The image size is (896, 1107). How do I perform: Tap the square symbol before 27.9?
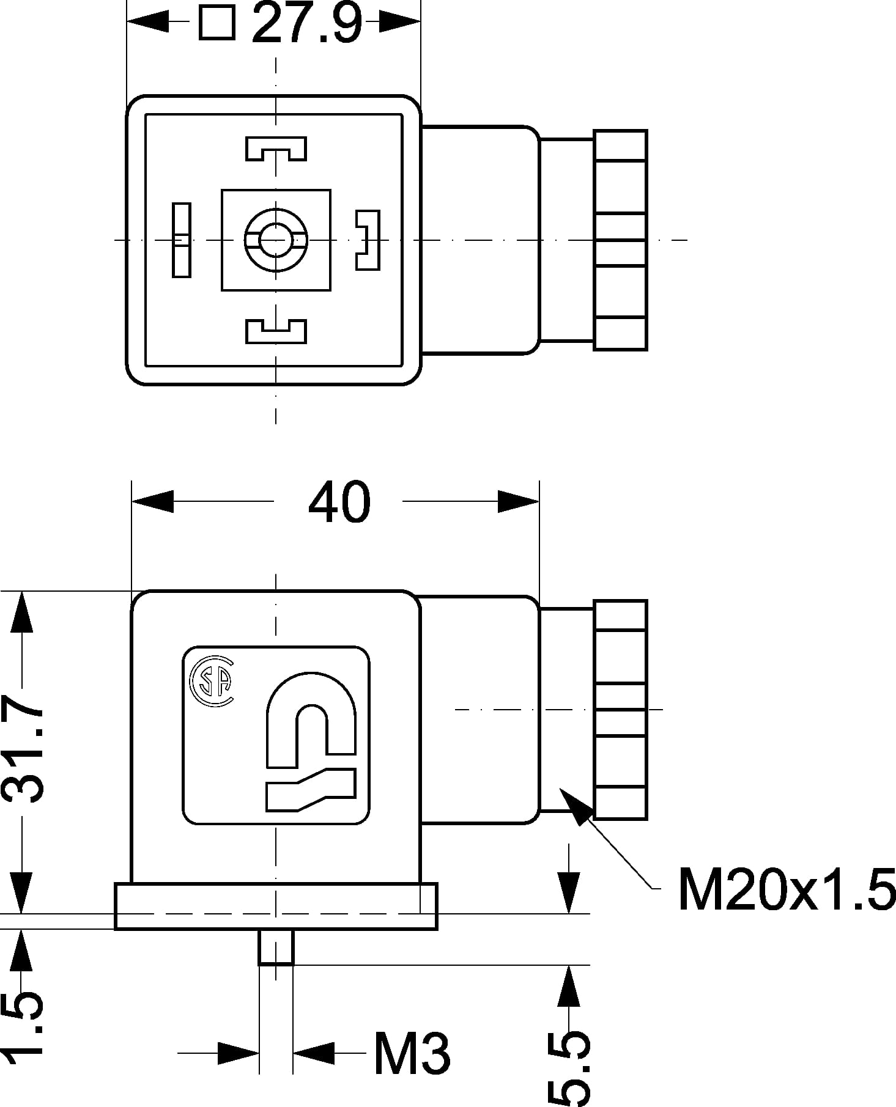coord(217,24)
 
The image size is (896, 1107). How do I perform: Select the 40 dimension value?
coord(339,502)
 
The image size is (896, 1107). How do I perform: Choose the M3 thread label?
coord(412,1054)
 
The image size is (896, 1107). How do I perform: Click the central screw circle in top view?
coord(276,239)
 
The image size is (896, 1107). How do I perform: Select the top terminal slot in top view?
coord(276,149)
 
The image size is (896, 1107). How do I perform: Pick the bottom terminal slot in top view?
coord(276,331)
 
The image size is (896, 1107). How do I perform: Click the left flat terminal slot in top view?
coord(181,240)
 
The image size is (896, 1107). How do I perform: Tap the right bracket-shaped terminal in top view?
coord(368,240)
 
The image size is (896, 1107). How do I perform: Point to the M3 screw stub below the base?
coord(276,947)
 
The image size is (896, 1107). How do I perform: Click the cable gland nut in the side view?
coord(620,710)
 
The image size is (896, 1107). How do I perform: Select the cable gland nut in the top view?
coord(620,240)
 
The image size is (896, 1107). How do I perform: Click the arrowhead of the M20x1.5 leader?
coord(575,804)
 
